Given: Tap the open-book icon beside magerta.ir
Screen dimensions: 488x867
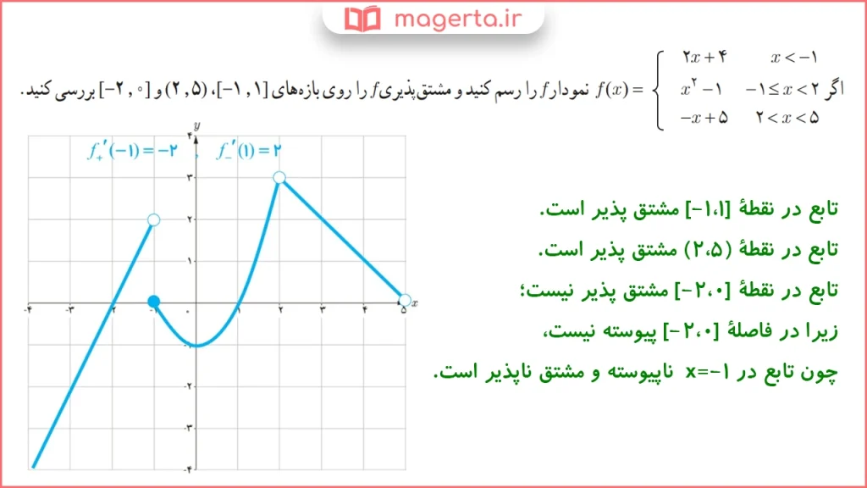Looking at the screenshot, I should click(x=364, y=17).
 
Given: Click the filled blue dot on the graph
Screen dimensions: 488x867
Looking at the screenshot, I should click(x=153, y=302).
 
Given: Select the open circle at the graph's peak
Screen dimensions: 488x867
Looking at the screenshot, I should click(x=279, y=177).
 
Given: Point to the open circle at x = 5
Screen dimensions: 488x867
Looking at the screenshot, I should click(x=404, y=300).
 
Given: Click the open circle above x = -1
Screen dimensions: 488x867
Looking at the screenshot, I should click(x=153, y=219).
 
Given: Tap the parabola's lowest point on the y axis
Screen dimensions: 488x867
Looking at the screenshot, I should click(x=196, y=345).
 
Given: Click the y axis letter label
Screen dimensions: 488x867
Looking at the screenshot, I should click(x=196, y=125).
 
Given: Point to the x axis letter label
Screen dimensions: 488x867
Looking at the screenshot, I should click(x=416, y=302).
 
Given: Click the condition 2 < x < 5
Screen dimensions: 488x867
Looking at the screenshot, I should click(x=787, y=118).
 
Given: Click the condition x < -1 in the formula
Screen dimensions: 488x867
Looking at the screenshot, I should click(x=793, y=58).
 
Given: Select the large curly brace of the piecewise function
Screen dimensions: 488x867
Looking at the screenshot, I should click(x=661, y=88).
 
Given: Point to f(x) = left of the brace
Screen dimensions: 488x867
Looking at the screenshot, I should click(x=618, y=88).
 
